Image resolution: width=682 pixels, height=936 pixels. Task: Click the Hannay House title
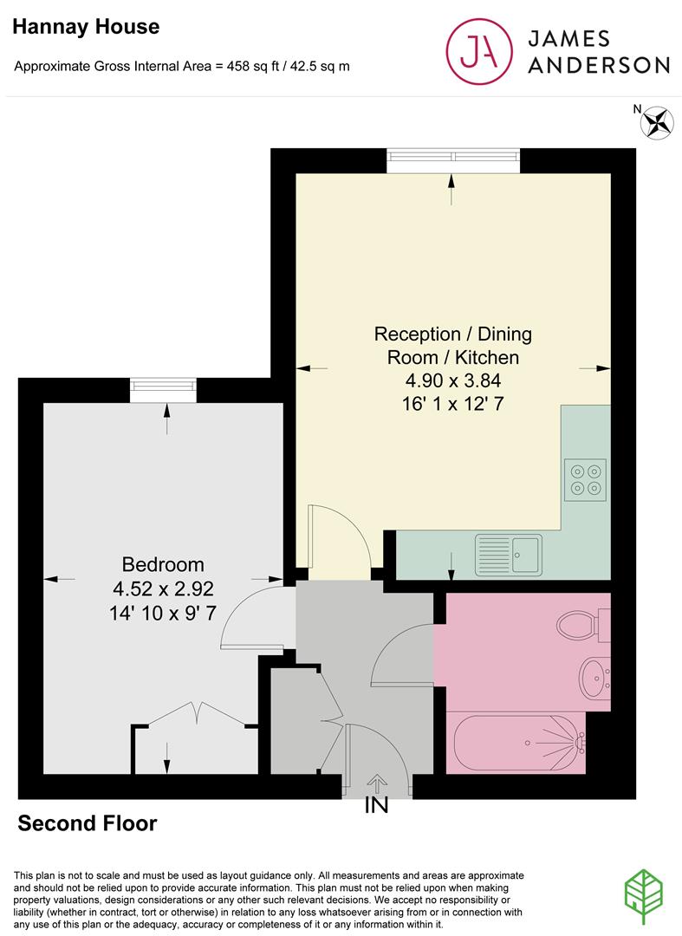point(85,27)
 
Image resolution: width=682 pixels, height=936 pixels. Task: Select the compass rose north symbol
point(657,122)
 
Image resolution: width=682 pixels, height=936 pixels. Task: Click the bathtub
point(516,743)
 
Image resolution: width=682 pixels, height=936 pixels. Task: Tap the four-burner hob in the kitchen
point(584,479)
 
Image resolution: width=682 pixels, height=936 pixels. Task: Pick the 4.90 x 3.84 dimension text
point(452,379)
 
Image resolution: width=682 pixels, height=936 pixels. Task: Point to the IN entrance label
point(376,806)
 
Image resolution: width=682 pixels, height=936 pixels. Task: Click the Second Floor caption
point(88,823)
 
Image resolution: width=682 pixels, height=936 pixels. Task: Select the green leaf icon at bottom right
point(646,894)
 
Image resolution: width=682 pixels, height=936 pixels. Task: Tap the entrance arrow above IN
point(377,785)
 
